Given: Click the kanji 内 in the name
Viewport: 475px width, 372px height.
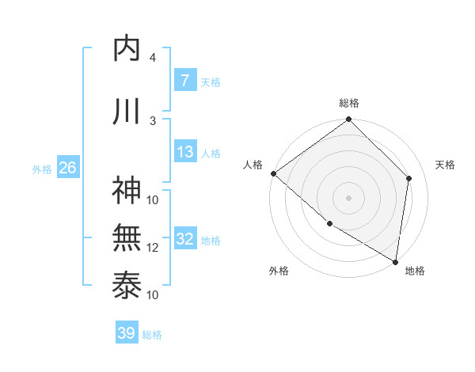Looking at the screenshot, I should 127,49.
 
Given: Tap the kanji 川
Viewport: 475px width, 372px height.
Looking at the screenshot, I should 127,112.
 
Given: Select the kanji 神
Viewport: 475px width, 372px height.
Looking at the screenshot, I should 127,190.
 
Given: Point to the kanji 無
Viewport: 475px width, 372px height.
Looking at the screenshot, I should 127,237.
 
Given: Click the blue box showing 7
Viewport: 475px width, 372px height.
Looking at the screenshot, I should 184,80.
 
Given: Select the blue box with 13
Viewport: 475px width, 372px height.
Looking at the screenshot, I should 184,152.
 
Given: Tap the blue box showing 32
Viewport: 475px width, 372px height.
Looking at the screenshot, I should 184,239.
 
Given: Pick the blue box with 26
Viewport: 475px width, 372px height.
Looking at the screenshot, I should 67,168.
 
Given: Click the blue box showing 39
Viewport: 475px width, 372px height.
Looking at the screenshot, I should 126,333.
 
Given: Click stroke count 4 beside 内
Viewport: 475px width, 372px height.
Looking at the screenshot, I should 152,58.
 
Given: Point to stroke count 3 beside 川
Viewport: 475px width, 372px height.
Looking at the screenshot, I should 152,120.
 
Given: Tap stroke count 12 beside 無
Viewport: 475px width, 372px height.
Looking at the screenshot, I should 153,247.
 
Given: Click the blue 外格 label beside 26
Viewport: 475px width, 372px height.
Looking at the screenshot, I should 42,169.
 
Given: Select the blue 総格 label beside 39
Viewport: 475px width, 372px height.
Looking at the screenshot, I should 152,334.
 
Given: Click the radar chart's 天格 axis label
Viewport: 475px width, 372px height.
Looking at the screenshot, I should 445,165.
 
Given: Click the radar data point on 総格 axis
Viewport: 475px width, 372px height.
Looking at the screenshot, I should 348,120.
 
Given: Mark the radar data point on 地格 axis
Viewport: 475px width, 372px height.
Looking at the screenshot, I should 395,260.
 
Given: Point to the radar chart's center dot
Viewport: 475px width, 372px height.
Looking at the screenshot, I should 348,197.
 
